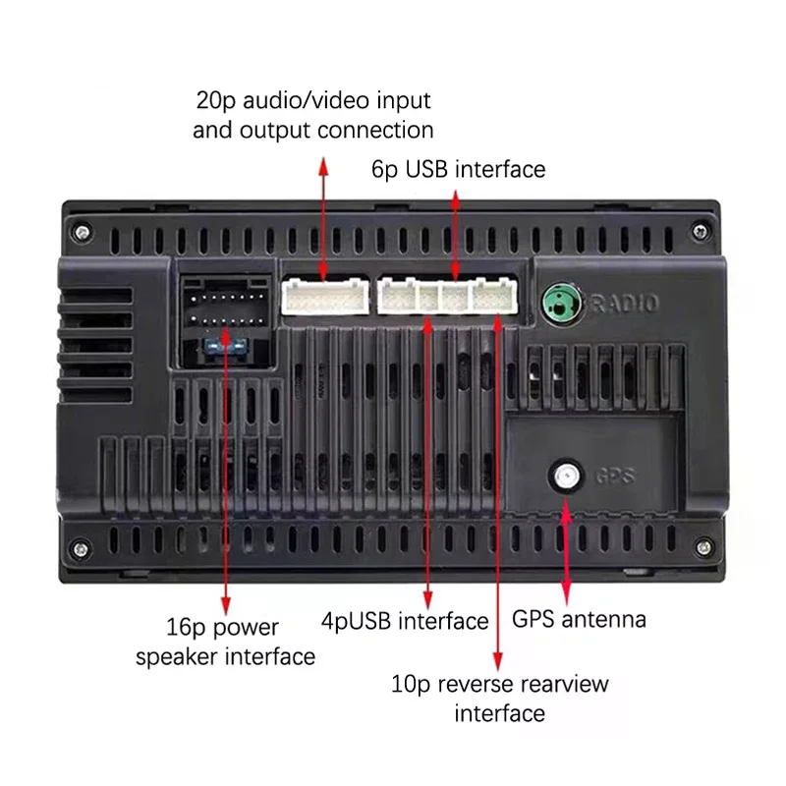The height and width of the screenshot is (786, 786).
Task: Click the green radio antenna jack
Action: [x=561, y=302]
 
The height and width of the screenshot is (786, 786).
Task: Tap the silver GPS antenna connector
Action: [x=567, y=475]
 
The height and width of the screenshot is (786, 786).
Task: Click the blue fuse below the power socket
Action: [x=226, y=347]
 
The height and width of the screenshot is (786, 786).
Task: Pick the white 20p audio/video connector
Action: [x=325, y=297]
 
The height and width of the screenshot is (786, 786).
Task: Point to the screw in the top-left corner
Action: [x=82, y=232]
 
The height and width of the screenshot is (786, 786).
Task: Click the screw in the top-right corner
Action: [x=701, y=231]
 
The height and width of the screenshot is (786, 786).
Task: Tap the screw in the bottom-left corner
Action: [x=81, y=549]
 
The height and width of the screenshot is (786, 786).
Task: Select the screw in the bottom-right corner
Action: [x=703, y=547]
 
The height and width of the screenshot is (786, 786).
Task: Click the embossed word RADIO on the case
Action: [x=624, y=303]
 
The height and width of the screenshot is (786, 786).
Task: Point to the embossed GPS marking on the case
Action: [x=616, y=476]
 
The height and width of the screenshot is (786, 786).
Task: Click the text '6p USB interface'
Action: [x=458, y=169]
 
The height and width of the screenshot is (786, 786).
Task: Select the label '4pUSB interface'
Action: [x=405, y=621]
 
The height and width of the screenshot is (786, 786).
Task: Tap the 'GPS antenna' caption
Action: [x=579, y=620]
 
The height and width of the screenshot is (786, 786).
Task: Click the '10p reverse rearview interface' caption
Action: [x=500, y=699]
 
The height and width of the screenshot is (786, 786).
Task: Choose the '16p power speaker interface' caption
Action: [x=226, y=642]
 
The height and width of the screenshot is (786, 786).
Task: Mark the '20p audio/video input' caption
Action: [x=313, y=100]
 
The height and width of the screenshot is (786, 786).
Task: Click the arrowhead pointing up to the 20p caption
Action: [x=324, y=166]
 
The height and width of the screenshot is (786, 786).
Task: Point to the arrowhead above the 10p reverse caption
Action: [x=498, y=660]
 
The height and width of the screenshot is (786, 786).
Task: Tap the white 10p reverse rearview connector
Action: [x=495, y=297]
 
